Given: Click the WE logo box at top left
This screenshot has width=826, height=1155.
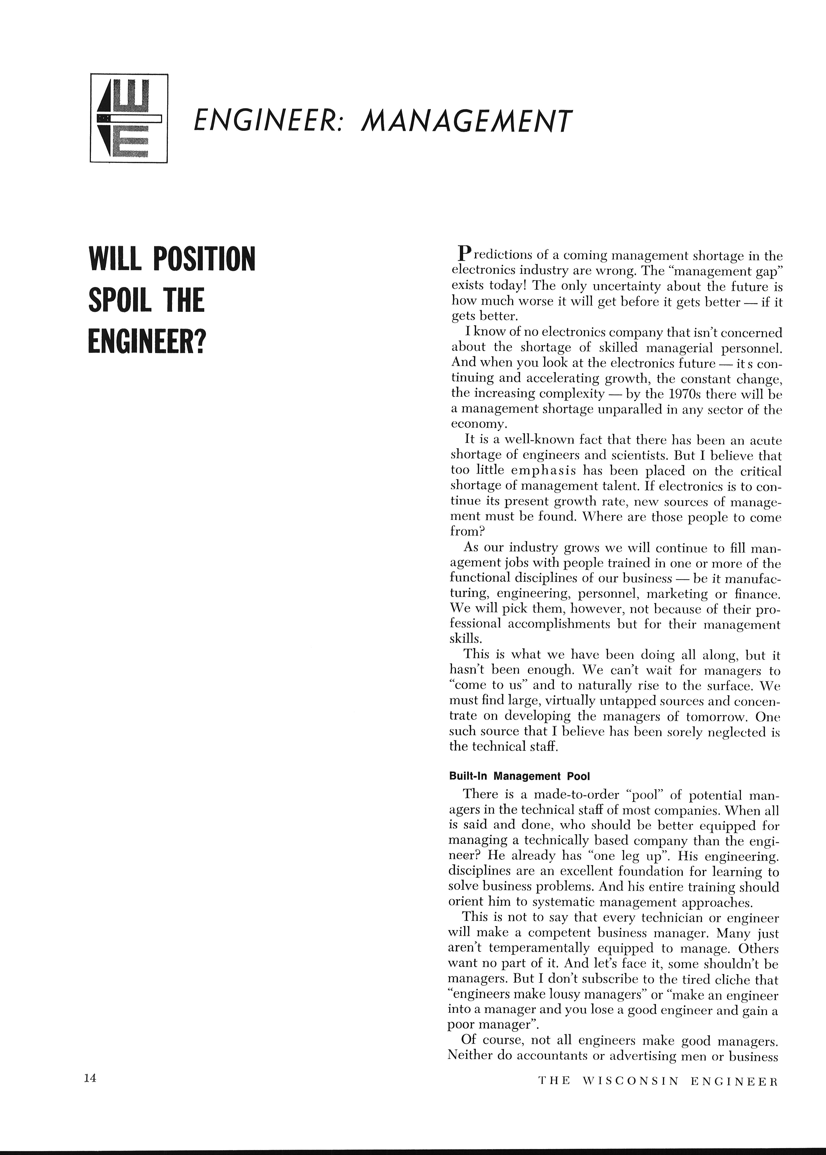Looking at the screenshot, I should coord(129,118).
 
